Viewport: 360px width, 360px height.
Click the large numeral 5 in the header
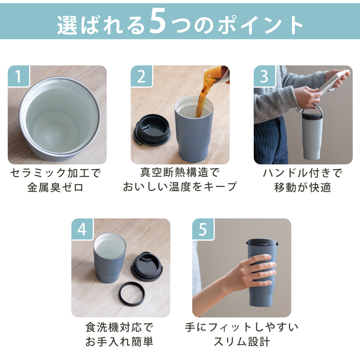click(157, 22)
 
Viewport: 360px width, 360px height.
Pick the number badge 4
click(82, 229)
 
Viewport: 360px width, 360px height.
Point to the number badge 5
click(203, 229)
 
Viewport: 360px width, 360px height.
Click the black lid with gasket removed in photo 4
click(147, 268)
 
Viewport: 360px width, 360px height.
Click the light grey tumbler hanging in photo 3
click(312, 135)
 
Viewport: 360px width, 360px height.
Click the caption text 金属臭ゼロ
click(55, 187)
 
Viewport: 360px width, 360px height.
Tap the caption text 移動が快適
click(303, 187)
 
